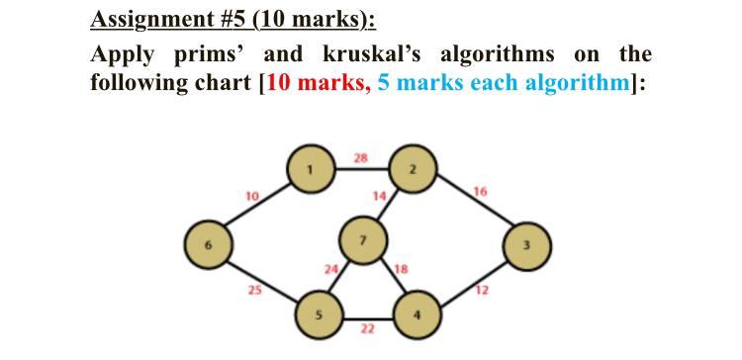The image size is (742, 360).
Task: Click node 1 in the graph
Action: (x=309, y=170)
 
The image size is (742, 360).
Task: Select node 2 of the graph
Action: (x=412, y=170)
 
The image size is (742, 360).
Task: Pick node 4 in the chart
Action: (x=417, y=315)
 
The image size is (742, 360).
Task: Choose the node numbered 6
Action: (x=207, y=242)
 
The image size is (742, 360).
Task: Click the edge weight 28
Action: (x=361, y=157)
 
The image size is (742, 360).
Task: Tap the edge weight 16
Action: (x=481, y=191)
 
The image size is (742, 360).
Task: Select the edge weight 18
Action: (x=401, y=268)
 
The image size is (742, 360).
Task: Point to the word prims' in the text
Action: (x=188, y=52)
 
